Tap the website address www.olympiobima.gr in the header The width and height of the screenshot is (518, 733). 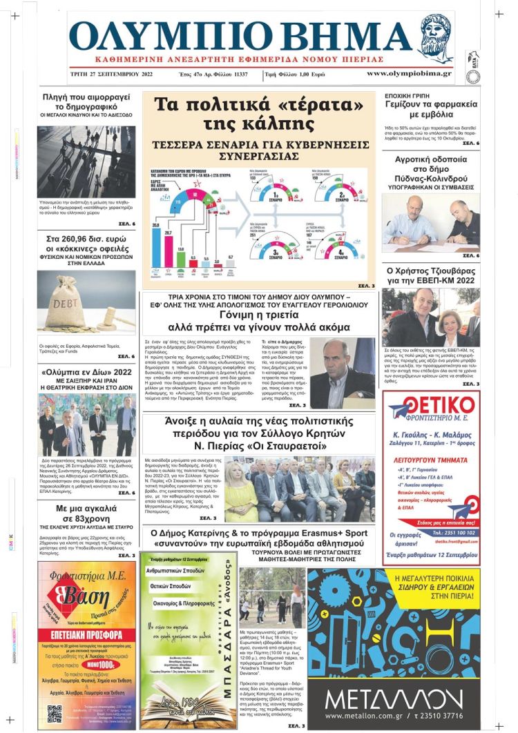tap(409, 73)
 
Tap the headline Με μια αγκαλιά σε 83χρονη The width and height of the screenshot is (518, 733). tap(86, 514)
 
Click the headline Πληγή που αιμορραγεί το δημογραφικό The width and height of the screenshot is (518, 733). tap(86, 102)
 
